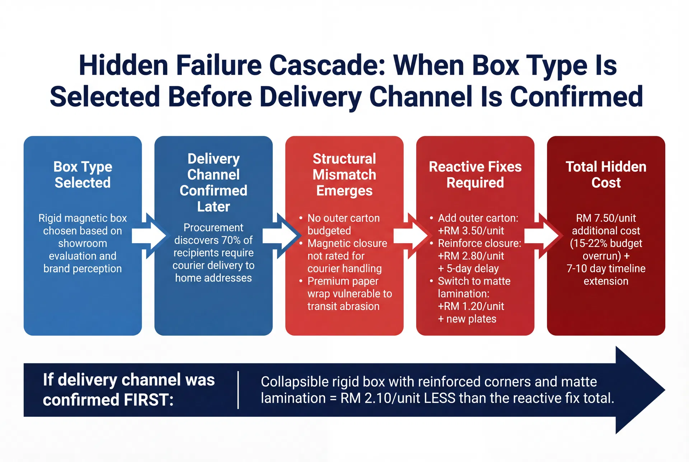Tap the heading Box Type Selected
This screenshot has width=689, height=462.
click(83, 175)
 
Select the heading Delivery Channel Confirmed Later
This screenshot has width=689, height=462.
click(213, 183)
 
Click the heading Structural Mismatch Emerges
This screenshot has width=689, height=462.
click(344, 175)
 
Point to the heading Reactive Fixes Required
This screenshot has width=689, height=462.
click(475, 175)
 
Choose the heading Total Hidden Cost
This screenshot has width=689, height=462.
click(606, 175)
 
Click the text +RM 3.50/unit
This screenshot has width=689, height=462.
click(471, 231)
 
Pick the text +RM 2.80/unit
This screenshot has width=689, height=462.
click(471, 256)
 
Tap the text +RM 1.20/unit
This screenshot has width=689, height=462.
click(471, 306)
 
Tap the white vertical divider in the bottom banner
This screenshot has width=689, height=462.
click(238, 390)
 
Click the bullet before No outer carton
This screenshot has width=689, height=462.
click(301, 218)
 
